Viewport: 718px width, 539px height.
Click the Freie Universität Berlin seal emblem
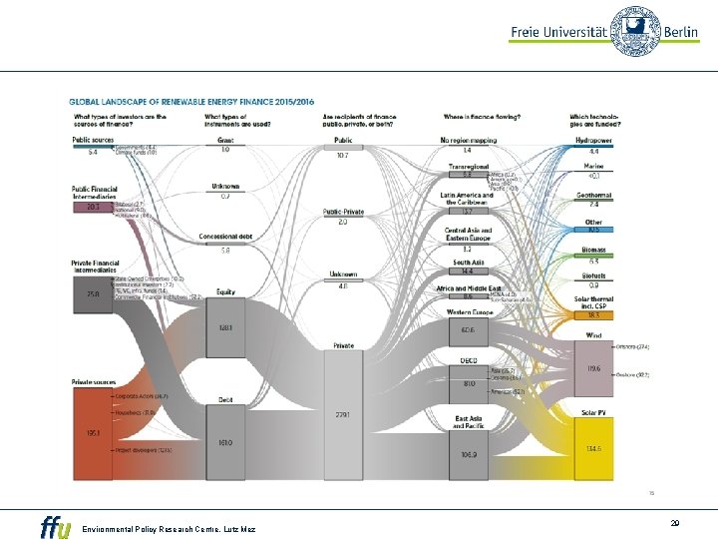(x=633, y=32)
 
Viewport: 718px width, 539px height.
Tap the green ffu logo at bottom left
(x=56, y=525)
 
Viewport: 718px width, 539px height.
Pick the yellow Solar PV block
(x=593, y=448)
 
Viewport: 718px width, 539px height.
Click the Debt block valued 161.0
(x=226, y=440)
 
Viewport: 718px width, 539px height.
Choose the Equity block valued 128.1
(x=226, y=328)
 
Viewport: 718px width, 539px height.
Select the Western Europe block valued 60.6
(x=467, y=328)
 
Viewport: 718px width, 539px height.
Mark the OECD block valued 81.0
(x=467, y=382)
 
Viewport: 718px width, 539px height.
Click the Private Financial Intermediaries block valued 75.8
(x=93, y=294)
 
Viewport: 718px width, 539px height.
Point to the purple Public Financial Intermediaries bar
(x=93, y=207)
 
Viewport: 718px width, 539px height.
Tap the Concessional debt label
(x=225, y=238)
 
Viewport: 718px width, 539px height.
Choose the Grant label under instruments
(x=225, y=140)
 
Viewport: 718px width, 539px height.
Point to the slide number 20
(x=675, y=521)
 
